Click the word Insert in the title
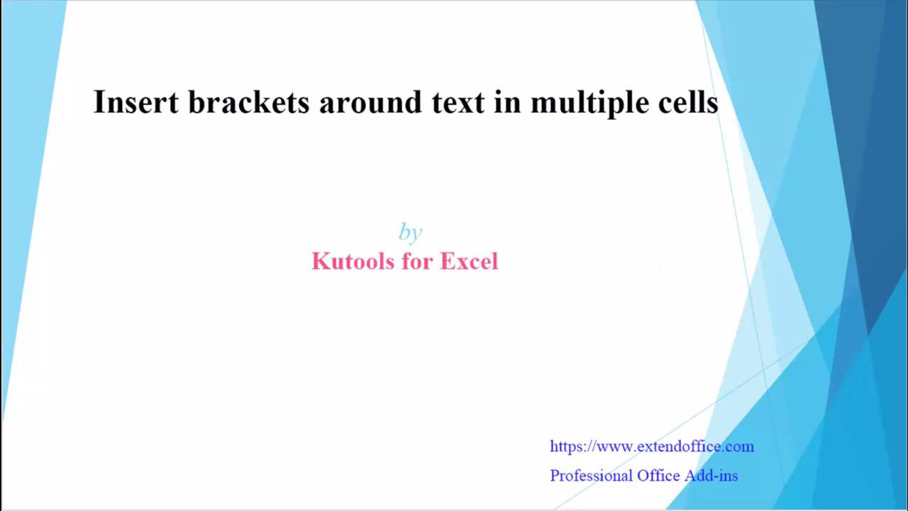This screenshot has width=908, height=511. (x=135, y=101)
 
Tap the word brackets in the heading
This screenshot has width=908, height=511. (x=249, y=101)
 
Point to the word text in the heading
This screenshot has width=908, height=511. (x=458, y=103)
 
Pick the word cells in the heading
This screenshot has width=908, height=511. (x=688, y=101)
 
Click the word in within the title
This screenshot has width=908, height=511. (x=507, y=101)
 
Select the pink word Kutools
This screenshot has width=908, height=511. (x=353, y=260)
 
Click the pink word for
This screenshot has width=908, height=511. (x=417, y=260)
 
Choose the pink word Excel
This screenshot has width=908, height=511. (x=469, y=260)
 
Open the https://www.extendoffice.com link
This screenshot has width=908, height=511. (x=652, y=446)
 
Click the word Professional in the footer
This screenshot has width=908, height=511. (x=591, y=476)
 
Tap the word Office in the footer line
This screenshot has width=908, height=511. (x=658, y=476)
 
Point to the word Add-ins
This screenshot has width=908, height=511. (x=712, y=476)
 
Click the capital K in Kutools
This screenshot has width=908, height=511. (x=320, y=260)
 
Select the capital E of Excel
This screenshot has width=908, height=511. (x=448, y=260)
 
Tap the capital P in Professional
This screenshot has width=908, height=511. (x=555, y=476)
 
